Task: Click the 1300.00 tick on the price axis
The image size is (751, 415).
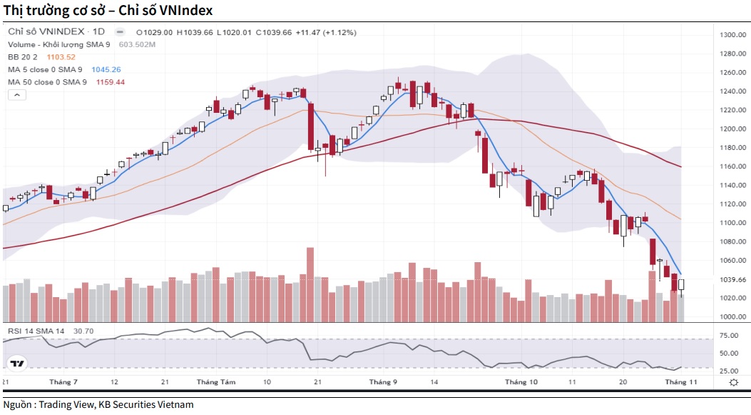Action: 732,35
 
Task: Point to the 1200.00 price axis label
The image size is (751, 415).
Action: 732,129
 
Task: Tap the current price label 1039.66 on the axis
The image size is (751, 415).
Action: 732,279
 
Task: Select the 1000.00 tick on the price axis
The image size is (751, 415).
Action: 732,316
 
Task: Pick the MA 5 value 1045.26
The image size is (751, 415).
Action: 106,70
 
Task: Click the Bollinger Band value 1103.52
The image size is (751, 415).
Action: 61,57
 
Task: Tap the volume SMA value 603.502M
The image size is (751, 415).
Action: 137,45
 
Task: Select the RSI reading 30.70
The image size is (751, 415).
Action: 83,331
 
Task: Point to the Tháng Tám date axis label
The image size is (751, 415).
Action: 215,382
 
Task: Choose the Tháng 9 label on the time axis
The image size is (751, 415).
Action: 383,382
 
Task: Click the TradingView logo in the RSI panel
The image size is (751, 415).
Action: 17,364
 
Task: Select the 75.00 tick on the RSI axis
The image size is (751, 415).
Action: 729,335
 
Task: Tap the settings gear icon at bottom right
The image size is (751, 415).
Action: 733,383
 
